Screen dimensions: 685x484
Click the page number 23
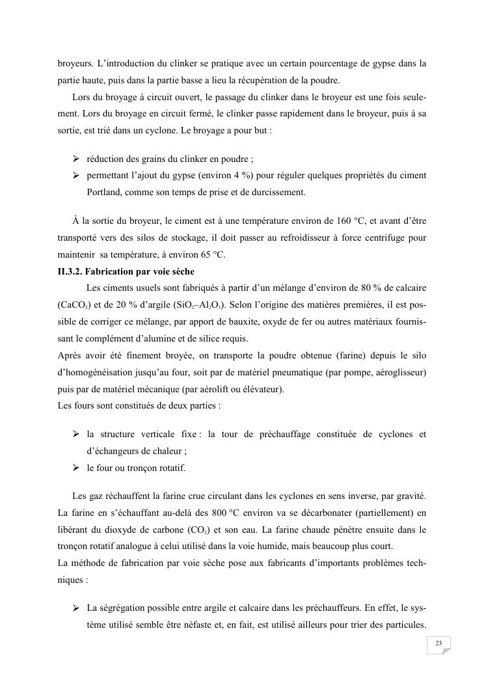point(438,643)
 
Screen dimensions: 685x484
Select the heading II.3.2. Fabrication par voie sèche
point(126,271)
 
